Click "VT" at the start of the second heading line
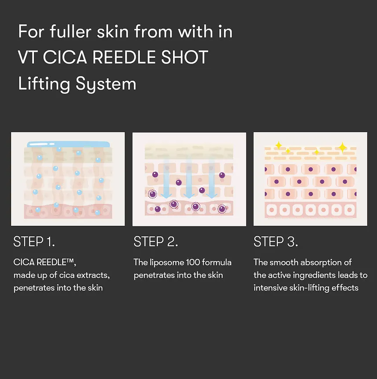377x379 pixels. (x=28, y=57)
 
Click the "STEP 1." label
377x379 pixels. (x=34, y=241)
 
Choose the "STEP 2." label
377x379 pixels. (x=156, y=241)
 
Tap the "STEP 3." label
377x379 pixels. (x=276, y=241)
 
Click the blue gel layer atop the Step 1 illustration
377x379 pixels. (x=68, y=144)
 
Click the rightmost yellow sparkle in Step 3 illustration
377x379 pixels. (x=342, y=147)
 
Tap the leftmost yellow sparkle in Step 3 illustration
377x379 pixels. (x=278, y=145)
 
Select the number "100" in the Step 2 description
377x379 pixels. (x=193, y=262)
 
